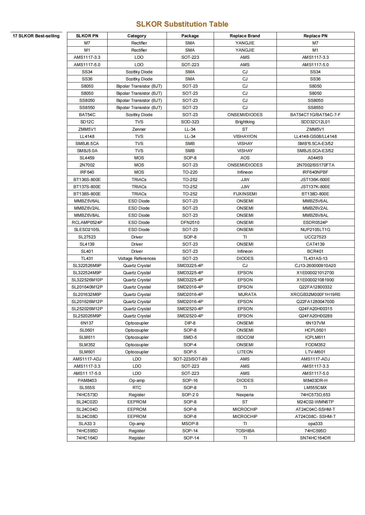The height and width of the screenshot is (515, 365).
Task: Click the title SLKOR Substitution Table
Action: (182, 24)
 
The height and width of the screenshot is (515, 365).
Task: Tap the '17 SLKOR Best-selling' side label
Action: (36, 36)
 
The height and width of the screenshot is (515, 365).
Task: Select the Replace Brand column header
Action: (245, 36)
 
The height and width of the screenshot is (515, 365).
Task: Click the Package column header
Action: (190, 36)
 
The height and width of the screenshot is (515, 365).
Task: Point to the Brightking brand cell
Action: (245, 122)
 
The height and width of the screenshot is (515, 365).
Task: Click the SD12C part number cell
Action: (87, 122)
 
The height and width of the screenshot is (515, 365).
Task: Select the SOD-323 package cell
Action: (190, 122)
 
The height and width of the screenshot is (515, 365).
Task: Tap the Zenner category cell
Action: (139, 129)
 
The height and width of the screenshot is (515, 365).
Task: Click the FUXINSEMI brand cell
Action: (245, 194)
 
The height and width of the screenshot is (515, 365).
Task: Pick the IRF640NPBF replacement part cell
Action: (315, 172)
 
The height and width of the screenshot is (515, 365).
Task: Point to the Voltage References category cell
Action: (137, 259)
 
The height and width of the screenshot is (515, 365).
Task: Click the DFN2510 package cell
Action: (190, 223)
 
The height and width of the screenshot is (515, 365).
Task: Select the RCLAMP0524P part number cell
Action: (87, 223)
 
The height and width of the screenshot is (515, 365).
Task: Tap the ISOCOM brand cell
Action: (245, 337)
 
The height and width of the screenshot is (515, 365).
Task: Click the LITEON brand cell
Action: (245, 352)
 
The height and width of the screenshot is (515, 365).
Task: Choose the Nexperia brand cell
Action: (245, 395)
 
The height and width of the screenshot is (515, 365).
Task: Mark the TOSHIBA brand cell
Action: (245, 431)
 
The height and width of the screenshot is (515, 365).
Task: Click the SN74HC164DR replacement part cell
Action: (315, 438)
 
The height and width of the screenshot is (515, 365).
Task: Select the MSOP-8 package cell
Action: (190, 424)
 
